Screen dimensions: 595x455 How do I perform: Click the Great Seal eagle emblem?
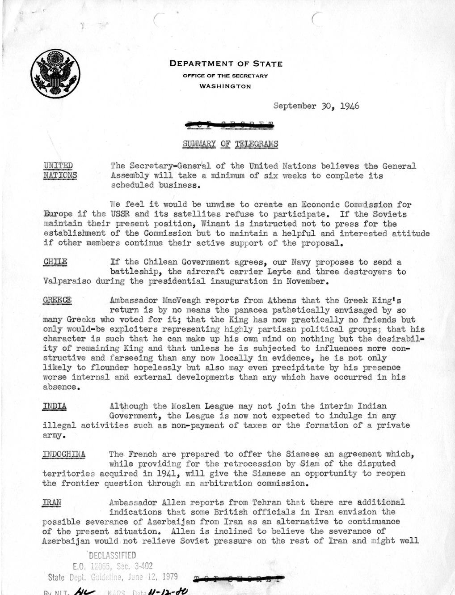tap(56, 72)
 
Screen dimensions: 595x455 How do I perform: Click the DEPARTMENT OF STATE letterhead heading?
tap(226, 64)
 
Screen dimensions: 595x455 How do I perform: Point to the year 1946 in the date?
tap(349, 106)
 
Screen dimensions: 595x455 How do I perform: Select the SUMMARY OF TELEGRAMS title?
tap(230, 144)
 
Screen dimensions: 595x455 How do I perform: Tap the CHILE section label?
tap(55, 262)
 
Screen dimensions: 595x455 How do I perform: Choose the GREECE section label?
tap(57, 300)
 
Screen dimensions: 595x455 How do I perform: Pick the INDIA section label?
tap(55, 406)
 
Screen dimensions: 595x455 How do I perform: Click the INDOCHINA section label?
tap(64, 455)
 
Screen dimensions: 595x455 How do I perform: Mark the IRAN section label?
tap(52, 502)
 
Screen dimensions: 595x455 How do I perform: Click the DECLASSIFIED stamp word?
tap(112, 556)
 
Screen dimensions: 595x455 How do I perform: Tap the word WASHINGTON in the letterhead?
tap(225, 86)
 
